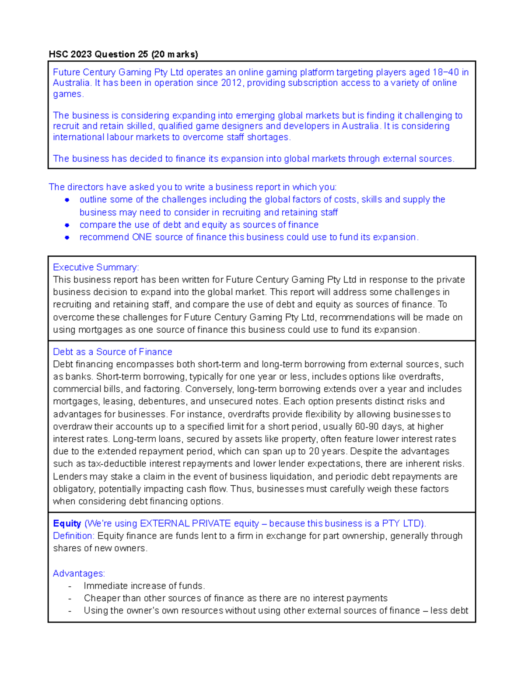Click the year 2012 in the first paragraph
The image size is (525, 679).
[x=231, y=83]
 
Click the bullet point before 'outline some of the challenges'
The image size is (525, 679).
[x=67, y=200]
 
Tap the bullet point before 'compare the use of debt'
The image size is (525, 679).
[x=67, y=225]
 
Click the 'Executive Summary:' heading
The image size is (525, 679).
[x=96, y=267]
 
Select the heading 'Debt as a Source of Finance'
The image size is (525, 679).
[x=112, y=352]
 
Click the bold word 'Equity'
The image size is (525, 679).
[x=67, y=523]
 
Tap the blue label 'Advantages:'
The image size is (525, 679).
[x=79, y=574]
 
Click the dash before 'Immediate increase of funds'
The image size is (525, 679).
[x=70, y=586]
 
